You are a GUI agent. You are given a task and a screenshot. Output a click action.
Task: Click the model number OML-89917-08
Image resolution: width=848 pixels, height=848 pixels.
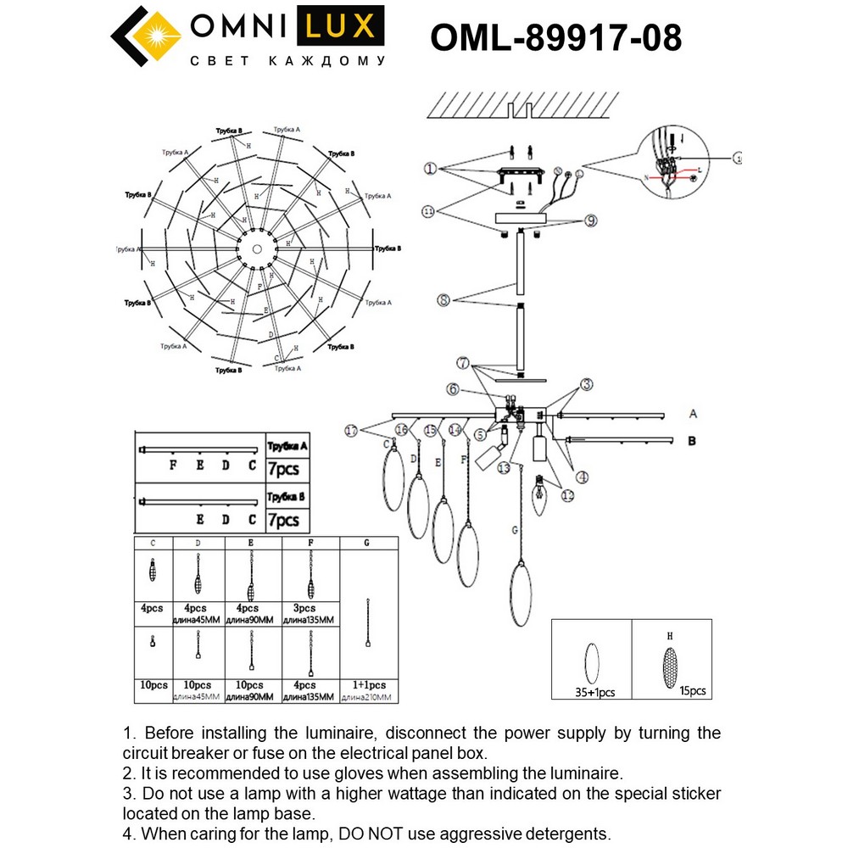point(555,37)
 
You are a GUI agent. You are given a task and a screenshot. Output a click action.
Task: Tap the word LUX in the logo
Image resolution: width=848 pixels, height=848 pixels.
point(338,27)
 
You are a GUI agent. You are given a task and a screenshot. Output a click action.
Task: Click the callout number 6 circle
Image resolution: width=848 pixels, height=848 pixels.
point(454,389)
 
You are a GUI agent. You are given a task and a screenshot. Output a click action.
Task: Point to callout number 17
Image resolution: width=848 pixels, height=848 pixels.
point(351,430)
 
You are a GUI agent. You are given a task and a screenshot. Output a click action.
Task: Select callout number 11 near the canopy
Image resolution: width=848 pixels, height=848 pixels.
point(428,210)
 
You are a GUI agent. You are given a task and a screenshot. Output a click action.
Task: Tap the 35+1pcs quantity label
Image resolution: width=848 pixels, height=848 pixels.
point(594,693)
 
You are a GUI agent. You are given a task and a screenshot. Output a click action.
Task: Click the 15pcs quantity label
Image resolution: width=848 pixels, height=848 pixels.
point(692,691)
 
